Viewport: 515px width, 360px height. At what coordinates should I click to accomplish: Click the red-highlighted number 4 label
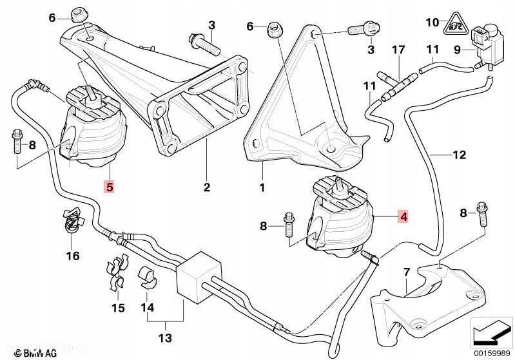(403, 217)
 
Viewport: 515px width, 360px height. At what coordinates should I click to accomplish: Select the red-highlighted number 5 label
(110, 187)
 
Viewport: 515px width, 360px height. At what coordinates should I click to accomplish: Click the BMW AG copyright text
(24, 352)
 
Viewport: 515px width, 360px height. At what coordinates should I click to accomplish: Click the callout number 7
(407, 272)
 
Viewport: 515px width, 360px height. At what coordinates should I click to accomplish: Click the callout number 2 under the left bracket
(207, 188)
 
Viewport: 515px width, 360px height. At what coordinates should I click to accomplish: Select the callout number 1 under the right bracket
(262, 188)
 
